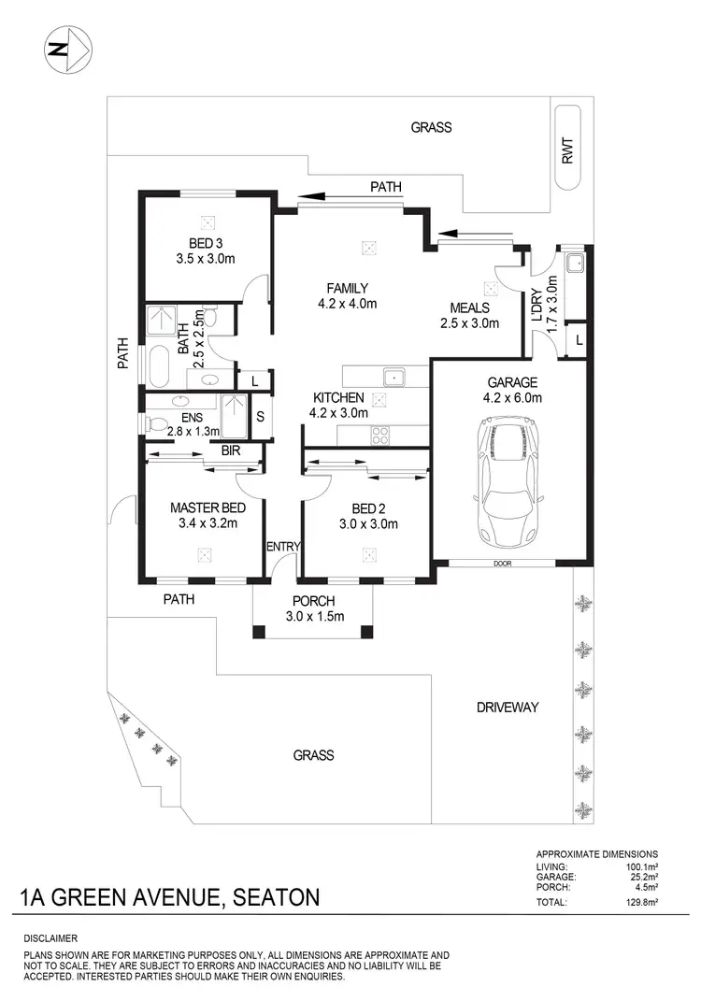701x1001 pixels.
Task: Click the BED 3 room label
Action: point(207,245)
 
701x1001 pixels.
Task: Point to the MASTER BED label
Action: point(207,508)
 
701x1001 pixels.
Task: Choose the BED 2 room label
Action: point(369,508)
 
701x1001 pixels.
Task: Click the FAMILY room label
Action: point(347,288)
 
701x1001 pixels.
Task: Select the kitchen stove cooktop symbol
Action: point(381,434)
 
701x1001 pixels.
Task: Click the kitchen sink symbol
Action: point(393,377)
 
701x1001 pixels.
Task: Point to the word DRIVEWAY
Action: point(507,708)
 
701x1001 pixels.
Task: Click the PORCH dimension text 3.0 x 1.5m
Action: point(315,616)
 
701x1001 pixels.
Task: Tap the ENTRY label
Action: point(281,546)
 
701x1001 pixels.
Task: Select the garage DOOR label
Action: point(504,563)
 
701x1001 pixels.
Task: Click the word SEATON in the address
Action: point(274,898)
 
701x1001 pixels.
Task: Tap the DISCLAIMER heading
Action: point(51,937)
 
